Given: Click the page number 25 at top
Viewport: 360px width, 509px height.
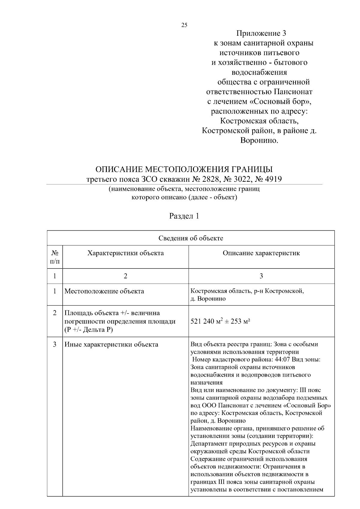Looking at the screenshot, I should click(184, 25).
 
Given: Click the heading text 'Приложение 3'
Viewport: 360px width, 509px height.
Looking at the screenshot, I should click(261, 33).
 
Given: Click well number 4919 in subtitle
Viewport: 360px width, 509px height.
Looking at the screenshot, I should click(272, 179).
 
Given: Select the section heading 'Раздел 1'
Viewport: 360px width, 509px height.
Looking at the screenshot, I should click(184, 216).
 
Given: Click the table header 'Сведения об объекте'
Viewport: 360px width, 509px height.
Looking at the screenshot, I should click(191, 238).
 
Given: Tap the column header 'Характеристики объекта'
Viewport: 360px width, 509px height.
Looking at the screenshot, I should click(125, 253).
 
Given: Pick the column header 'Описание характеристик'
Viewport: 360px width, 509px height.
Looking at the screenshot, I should click(261, 253).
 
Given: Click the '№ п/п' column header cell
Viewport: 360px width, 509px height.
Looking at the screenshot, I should click(55, 257).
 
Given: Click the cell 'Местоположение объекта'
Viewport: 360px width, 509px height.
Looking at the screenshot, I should click(104, 291).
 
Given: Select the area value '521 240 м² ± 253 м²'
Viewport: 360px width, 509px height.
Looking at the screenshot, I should click(220, 322).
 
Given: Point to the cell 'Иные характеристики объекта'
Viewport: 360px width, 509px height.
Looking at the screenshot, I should click(111, 344).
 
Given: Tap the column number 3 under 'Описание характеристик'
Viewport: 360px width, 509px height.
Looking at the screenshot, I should click(261, 276).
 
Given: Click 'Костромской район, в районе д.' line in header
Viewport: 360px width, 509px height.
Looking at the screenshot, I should click(259, 131).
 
